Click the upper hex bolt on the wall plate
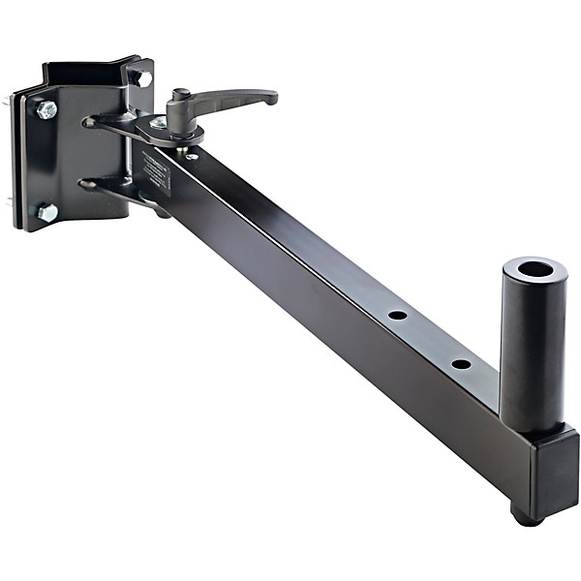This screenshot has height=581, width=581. click(x=46, y=109)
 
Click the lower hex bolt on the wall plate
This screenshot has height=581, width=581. click(x=46, y=211)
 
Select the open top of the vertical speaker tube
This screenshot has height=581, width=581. click(x=535, y=270)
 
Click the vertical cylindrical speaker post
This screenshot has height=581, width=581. click(x=532, y=349)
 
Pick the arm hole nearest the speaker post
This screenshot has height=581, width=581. click(x=461, y=364)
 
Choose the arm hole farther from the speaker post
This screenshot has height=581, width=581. click(x=397, y=315)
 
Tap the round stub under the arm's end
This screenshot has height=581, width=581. click(x=526, y=516)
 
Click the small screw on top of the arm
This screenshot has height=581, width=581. click(x=192, y=156)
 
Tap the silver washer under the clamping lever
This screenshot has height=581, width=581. click(x=158, y=124)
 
